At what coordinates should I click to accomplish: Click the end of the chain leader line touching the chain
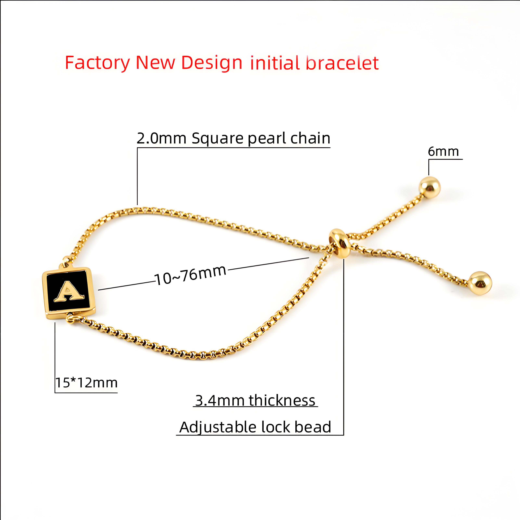coord(137,205)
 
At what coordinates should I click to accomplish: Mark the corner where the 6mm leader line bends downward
coord(429,159)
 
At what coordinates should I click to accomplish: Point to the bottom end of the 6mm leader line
coord(429,175)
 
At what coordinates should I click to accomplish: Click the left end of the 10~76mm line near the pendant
coord(98,290)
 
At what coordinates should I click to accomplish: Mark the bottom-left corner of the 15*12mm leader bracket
coord(55,393)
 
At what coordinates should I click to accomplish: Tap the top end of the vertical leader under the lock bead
coord(344,259)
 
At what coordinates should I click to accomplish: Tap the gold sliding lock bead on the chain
coord(340,243)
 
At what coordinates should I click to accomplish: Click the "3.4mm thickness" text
coord(255,400)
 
